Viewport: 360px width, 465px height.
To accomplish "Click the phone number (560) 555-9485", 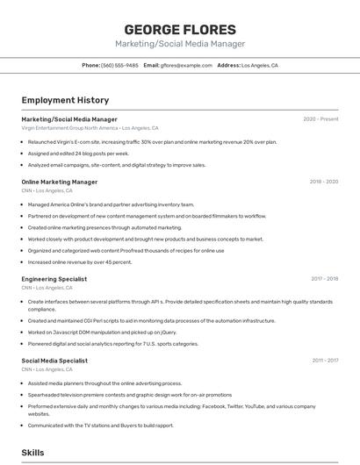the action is pos(119,66).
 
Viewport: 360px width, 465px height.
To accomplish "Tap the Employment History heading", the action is pos(65,100).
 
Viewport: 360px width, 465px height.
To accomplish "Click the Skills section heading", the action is pos(33,453).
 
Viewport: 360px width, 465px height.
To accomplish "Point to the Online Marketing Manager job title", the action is pos(60,182).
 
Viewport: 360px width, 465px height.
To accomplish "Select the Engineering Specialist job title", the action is pos(54,279).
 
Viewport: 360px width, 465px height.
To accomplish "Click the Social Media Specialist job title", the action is pos(54,361).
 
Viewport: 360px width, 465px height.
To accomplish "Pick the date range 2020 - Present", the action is pos(320,119).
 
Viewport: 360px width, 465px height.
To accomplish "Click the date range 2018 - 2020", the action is pos(323,182).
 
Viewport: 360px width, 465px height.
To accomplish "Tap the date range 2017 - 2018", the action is pos(324,279).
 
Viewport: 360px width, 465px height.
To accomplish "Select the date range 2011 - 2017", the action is pos(325,361).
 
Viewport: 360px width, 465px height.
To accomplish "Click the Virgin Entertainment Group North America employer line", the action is pos(90,128).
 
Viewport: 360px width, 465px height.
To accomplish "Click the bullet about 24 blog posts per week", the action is pos(78,153).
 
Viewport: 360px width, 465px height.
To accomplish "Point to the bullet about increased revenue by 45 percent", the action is pos(80,261).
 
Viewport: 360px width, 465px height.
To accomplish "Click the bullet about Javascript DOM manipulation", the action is pos(102,333).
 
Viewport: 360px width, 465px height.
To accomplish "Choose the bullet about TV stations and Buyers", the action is pos(100,426).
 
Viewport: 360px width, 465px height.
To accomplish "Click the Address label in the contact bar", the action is pos(228,66).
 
